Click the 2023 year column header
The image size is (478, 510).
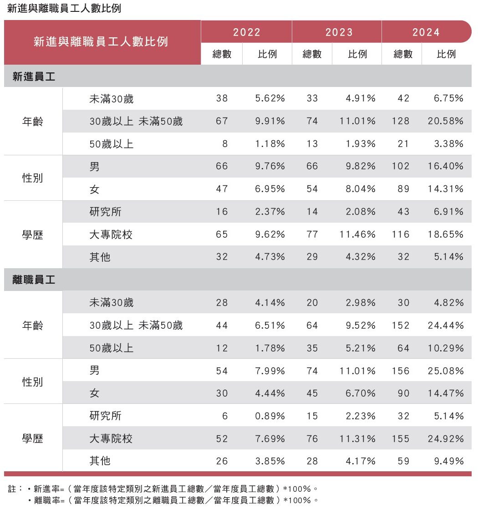click(339, 32)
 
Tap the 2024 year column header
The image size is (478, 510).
click(426, 32)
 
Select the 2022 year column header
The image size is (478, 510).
click(247, 32)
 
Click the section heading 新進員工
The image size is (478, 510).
click(34, 77)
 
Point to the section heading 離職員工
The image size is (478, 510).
click(34, 280)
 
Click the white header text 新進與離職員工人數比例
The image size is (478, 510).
click(101, 42)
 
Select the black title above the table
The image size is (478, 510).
click(64, 9)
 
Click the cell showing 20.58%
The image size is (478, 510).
click(446, 121)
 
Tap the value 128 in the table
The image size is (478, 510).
click(401, 121)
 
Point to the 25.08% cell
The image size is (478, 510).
click(446, 371)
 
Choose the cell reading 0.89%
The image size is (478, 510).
click(270, 416)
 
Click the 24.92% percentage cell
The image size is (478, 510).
click(446, 439)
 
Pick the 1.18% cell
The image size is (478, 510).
click(270, 144)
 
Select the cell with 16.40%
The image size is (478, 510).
click(446, 167)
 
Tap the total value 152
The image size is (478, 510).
click(401, 326)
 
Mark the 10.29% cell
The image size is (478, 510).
click(446, 348)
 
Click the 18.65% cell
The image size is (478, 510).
click(446, 235)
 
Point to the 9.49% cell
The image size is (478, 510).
click(449, 461)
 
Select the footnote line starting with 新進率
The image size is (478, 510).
click(175, 489)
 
